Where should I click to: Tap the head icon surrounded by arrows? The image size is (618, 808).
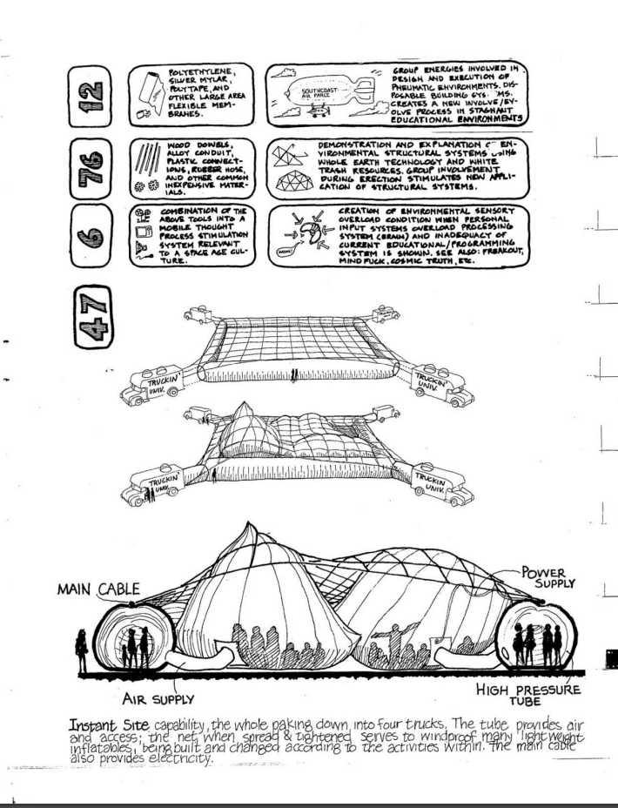(307, 232)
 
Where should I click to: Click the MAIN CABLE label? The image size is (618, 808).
(98, 589)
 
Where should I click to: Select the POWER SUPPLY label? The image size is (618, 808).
(547, 577)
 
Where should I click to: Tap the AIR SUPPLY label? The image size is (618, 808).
(158, 698)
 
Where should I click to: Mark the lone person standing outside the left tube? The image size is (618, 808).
(81, 650)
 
